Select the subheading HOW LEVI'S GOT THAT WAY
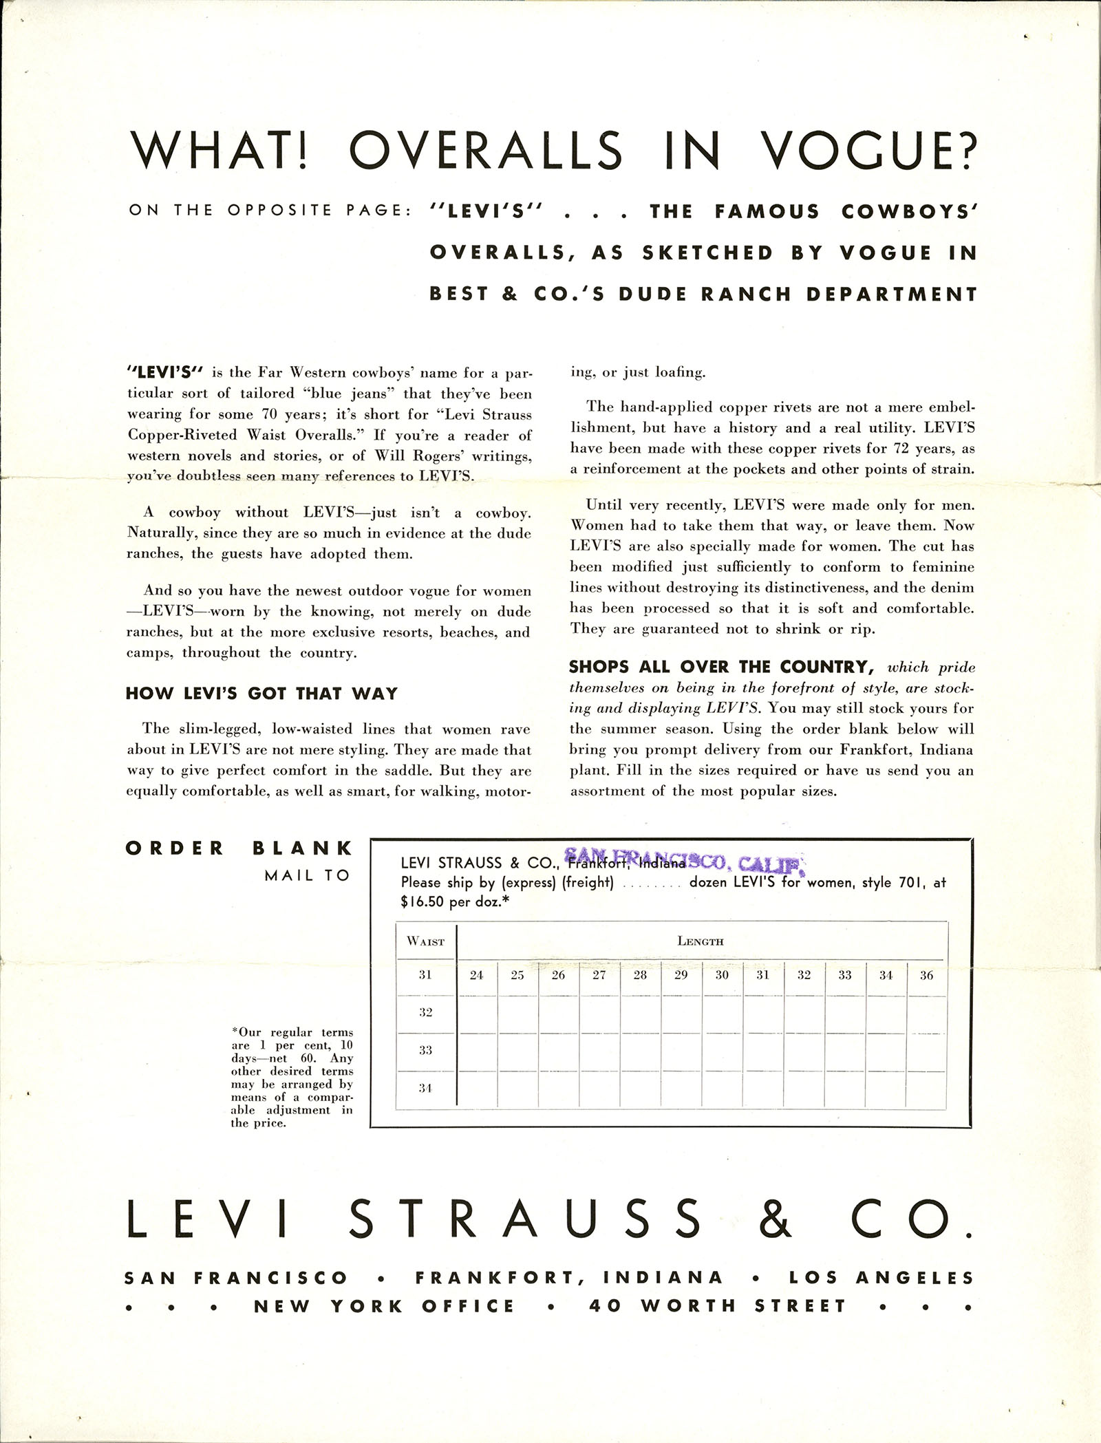(x=261, y=693)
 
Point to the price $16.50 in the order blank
(x=424, y=901)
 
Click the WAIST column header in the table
(x=426, y=941)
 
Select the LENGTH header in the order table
(x=700, y=941)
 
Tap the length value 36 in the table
(x=926, y=975)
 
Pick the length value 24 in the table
(x=476, y=975)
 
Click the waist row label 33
(x=426, y=1050)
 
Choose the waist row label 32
(x=426, y=1012)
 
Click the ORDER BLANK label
(x=239, y=848)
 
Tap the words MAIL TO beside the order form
(x=308, y=875)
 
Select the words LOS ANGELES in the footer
(x=881, y=1278)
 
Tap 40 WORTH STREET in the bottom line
(x=717, y=1307)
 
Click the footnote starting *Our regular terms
(x=292, y=1078)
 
